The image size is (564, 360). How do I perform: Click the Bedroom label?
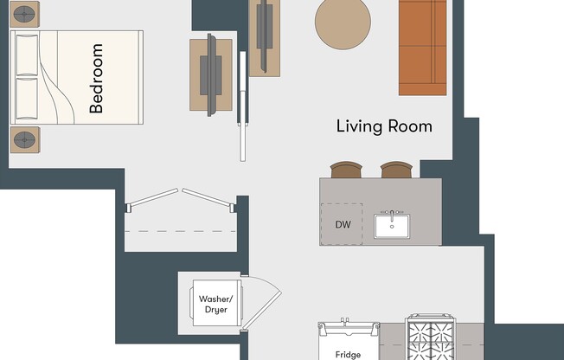[x=97, y=79]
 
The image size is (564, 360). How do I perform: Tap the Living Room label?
[x=383, y=126]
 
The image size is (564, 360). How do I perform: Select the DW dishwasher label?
[x=343, y=225]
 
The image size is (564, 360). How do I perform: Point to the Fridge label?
[x=347, y=354]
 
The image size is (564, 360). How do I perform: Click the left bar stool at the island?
[x=345, y=170]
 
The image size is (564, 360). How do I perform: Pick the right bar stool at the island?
[x=396, y=170]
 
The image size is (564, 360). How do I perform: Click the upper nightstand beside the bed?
[x=25, y=14]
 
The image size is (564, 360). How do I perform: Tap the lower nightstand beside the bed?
[x=25, y=139]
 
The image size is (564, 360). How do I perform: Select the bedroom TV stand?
[x=211, y=74]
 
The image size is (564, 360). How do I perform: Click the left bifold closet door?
[x=153, y=198]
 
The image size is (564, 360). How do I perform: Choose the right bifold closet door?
[x=208, y=198]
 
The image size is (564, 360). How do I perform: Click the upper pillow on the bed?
[x=27, y=55]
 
